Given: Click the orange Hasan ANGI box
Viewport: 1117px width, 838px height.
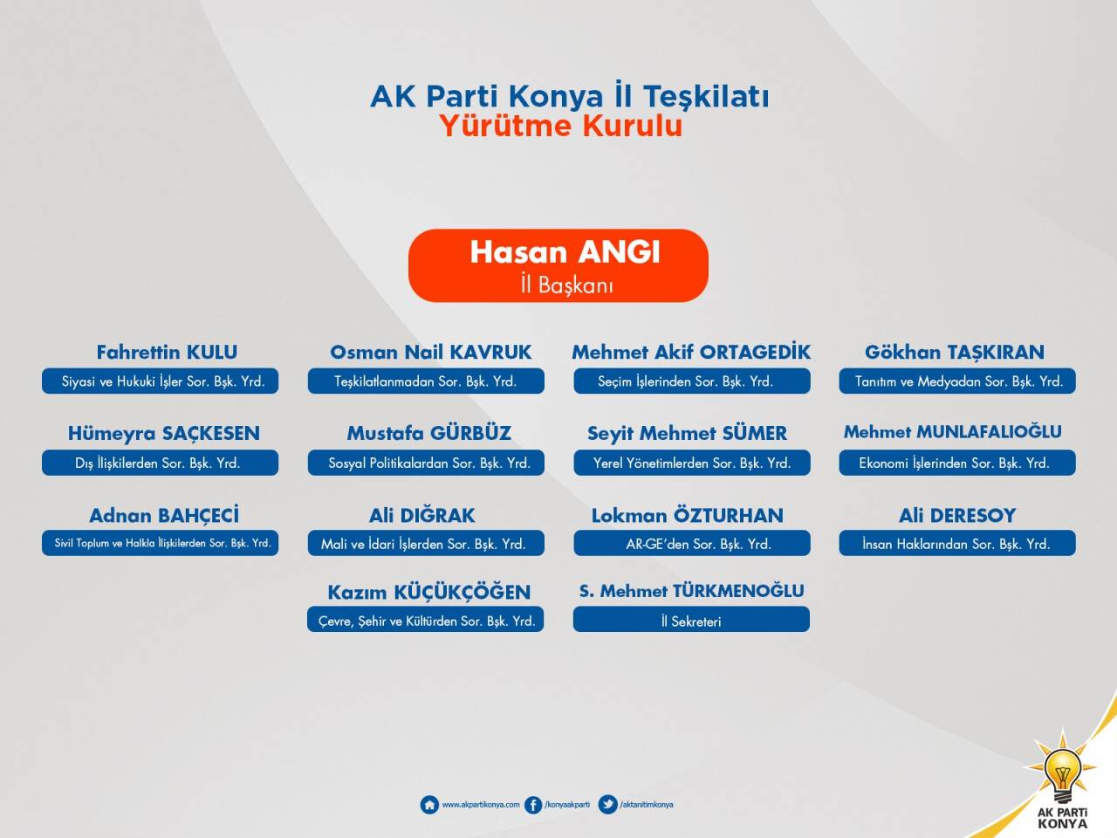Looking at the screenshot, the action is click(558, 265).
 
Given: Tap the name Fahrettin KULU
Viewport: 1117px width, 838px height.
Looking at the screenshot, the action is click(167, 352).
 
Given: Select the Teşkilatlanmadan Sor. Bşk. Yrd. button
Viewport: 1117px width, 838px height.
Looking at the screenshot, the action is click(426, 381).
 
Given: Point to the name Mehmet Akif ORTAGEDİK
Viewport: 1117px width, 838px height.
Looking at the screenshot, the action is click(691, 352).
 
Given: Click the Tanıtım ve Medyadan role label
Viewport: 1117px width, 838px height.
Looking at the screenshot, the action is click(957, 381).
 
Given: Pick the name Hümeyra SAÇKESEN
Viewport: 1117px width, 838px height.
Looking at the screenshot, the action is click(164, 434).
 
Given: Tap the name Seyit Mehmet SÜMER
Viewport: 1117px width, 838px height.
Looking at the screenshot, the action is click(687, 434).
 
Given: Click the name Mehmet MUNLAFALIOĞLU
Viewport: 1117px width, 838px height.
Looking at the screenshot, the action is click(953, 432).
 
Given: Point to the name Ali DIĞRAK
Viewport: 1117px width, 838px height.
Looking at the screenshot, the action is click(421, 515).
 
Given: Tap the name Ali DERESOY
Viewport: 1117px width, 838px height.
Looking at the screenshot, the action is click(957, 515).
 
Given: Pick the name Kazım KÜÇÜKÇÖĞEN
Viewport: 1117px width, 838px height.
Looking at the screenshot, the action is click(429, 592).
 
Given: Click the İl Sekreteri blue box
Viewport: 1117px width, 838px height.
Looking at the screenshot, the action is click(691, 619).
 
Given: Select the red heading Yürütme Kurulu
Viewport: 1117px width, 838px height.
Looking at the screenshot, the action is click(561, 126).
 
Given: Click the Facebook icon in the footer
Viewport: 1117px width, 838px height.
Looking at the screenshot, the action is click(533, 805).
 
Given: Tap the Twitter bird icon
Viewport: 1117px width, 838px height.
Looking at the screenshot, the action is click(607, 805).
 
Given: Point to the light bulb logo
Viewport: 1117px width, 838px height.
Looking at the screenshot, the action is click(1061, 766).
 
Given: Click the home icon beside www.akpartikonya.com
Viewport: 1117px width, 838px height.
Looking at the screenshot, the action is click(429, 805).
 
